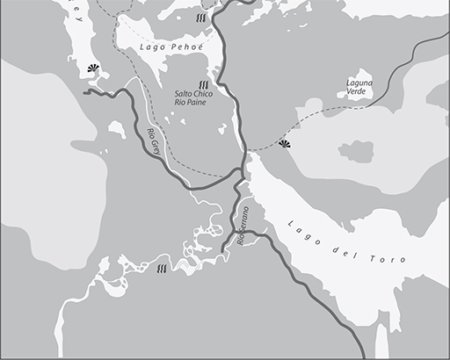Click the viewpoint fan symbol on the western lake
(x=93, y=70)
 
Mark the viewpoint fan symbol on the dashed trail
(x=284, y=143)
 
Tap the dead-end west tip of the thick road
(x=84, y=91)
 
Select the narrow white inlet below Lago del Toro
(x=380, y=338)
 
